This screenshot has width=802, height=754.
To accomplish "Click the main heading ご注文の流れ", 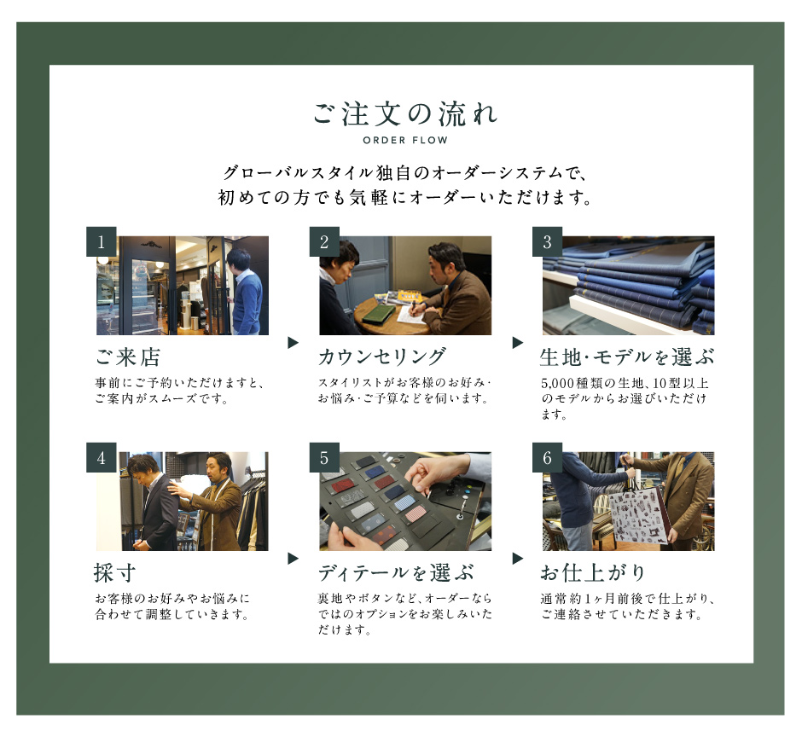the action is pyautogui.click(x=405, y=114).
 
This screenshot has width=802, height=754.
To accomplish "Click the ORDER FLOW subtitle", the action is pyautogui.click(x=405, y=140).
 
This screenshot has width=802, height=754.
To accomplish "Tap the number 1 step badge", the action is pyautogui.click(x=102, y=241).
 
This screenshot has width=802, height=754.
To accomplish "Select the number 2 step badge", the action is pyautogui.click(x=324, y=241).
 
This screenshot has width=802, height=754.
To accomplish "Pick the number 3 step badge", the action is pyautogui.click(x=547, y=241).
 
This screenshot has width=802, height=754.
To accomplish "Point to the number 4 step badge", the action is pyautogui.click(x=102, y=457).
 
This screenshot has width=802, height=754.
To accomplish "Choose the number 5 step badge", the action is pyautogui.click(x=324, y=457).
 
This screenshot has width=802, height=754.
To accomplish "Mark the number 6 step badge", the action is pyautogui.click(x=547, y=457).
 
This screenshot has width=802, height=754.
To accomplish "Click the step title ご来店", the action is pyautogui.click(x=128, y=357).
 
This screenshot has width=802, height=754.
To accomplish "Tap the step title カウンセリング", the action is pyautogui.click(x=382, y=357).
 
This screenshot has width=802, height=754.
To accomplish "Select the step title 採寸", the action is pyautogui.click(x=115, y=572).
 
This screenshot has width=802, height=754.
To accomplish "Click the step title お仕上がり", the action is pyautogui.click(x=593, y=572).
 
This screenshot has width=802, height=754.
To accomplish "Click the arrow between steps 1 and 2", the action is pyautogui.click(x=293, y=343).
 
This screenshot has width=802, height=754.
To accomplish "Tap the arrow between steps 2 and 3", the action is pyautogui.click(x=518, y=343).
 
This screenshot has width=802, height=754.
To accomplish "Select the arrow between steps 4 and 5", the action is pyautogui.click(x=293, y=558).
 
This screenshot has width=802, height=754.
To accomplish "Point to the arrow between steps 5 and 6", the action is pyautogui.click(x=518, y=558).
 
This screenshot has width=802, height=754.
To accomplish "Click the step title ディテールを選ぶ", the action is pyautogui.click(x=396, y=572).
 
